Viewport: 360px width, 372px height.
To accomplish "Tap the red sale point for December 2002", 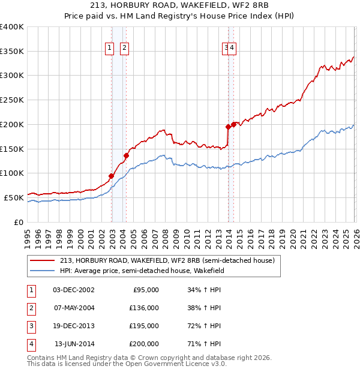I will point(112,176).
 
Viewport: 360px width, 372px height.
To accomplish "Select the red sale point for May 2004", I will point(127,156).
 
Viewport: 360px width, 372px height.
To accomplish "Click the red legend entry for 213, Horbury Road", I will point(167,260).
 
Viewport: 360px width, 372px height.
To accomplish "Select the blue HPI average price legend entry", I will point(142,271).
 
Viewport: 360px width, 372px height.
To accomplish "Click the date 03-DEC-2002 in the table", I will point(73,290).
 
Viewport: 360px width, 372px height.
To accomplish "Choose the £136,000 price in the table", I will point(144,308).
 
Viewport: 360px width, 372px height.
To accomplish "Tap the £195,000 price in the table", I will point(144,326).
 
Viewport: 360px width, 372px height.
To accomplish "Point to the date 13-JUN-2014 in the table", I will point(74,344).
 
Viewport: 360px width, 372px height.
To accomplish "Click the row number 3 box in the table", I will point(30,326).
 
